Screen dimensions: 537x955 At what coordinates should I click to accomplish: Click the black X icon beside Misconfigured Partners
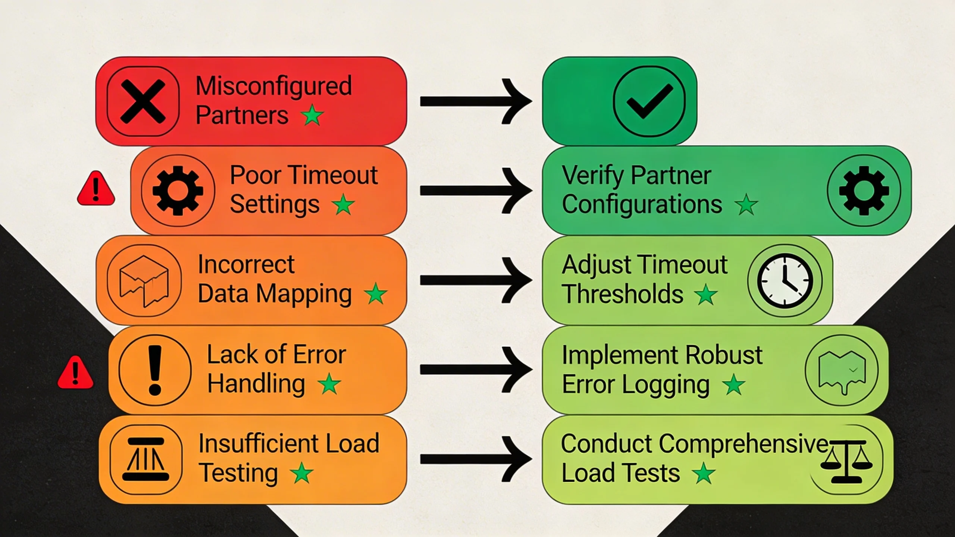point(143,101)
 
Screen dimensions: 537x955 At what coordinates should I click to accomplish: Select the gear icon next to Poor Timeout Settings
point(178,191)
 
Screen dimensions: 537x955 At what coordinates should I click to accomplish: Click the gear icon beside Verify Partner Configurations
point(864,191)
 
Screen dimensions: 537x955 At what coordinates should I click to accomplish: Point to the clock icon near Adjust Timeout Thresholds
point(785,280)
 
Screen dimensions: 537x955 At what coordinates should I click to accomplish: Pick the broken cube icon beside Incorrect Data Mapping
point(144,280)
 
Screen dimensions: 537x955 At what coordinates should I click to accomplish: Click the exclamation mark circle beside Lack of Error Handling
point(155,370)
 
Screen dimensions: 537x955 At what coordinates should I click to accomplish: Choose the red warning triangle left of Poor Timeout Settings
point(96,189)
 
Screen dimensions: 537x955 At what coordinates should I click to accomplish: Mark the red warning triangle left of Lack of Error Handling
point(75,373)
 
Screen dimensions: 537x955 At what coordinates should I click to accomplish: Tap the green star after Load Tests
point(704,473)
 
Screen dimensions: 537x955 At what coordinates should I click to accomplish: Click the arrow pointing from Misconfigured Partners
point(476,101)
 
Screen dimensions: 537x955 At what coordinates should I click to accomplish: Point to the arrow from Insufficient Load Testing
point(476,459)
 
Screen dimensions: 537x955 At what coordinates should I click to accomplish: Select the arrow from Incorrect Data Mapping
point(476,280)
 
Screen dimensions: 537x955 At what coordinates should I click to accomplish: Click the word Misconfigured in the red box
point(273,86)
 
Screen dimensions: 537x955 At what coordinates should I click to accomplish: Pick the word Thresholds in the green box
point(622,294)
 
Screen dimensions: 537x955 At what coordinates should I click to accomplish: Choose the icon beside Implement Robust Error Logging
point(842,370)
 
